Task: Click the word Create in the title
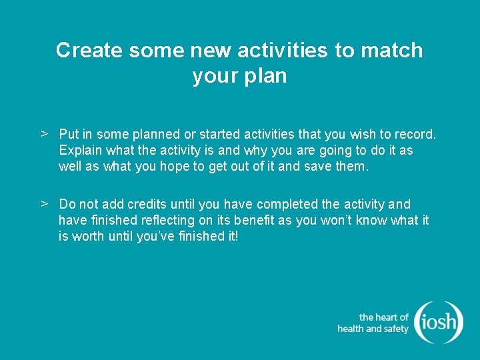click(86, 51)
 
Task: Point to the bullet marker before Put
click(45, 134)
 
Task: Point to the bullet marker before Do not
click(45, 203)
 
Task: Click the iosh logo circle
click(438, 323)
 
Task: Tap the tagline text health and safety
click(373, 329)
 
